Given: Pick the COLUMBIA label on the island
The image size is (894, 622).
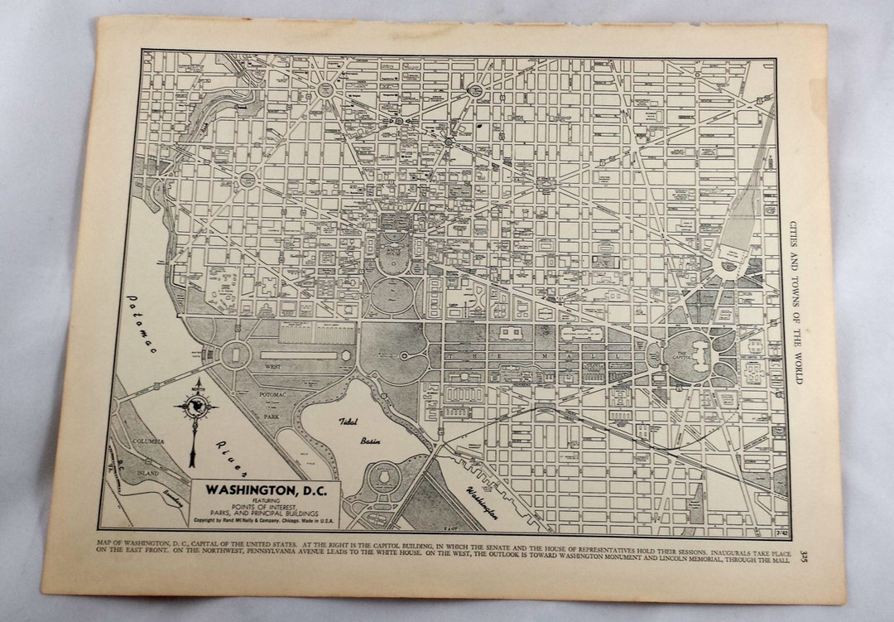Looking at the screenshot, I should [148, 441].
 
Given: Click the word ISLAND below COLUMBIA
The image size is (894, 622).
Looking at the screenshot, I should [149, 472].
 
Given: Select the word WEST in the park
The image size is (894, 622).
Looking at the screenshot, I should [272, 365].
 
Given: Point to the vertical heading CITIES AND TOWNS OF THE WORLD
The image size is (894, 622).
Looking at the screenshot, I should [795, 301].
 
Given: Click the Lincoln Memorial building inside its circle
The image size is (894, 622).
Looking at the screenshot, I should [235, 355].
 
